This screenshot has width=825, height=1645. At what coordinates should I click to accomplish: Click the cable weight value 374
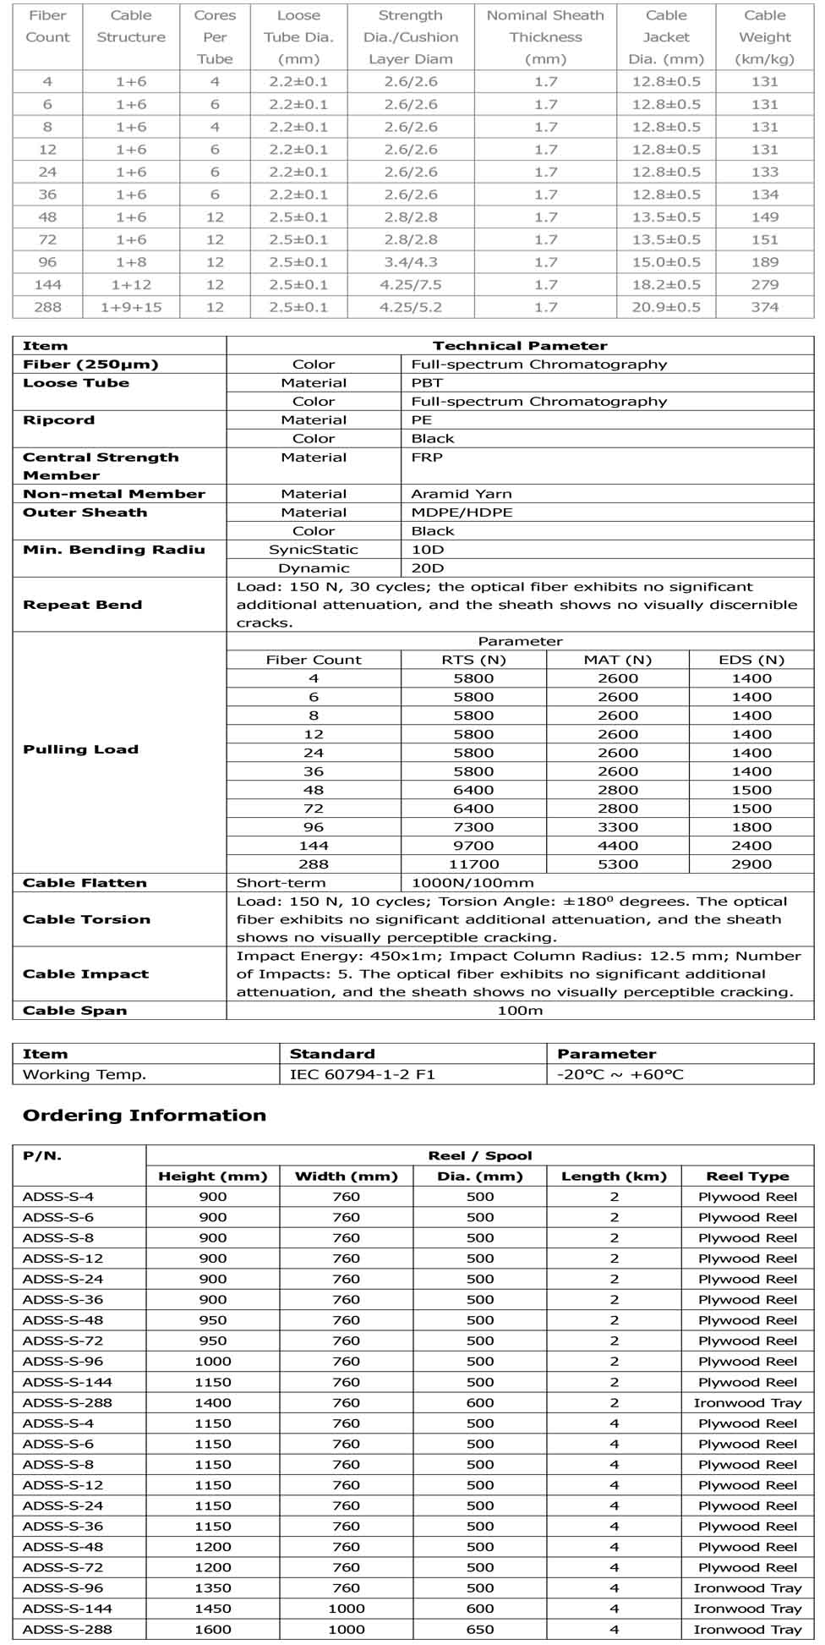pos(764,307)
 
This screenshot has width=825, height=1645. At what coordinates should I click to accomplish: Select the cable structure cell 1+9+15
pos(131,307)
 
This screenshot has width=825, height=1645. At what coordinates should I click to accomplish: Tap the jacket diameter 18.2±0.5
pos(666,284)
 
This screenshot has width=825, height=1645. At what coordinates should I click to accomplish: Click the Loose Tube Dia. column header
pos(298,37)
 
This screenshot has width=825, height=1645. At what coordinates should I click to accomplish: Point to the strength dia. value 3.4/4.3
pos(410,262)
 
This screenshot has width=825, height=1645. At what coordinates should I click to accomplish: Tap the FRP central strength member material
pos(427,458)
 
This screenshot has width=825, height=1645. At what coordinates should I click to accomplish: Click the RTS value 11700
pos(473,864)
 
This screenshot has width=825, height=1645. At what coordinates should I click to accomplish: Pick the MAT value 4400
pos(618,846)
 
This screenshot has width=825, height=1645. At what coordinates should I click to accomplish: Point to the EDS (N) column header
pos(751,660)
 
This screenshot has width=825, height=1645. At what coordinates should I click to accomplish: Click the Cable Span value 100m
pos(520,1011)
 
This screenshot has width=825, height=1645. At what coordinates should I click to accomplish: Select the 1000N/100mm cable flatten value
pos(473,883)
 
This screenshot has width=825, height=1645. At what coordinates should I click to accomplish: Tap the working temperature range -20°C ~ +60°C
pos(620,1075)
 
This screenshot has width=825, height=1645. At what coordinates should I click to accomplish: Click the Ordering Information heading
pos(145,1116)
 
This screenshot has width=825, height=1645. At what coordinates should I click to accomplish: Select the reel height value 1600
pos(213,1629)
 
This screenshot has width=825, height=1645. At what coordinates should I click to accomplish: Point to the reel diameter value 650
pos(480,1629)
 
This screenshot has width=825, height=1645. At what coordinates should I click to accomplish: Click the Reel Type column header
pos(747,1176)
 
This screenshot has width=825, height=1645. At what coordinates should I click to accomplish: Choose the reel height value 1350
pos(213,1587)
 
